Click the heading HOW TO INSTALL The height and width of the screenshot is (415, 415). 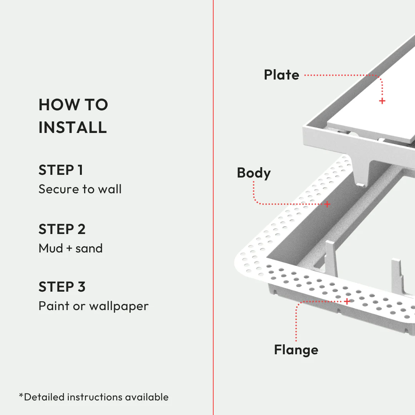coord(73,116)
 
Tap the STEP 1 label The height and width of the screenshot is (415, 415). coord(61,170)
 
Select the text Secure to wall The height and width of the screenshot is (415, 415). coord(80,189)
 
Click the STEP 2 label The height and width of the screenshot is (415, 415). coord(62,229)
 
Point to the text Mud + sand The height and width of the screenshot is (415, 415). coord(71,248)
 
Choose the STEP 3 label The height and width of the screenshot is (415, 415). coord(62,287)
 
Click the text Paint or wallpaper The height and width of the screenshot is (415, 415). coord(93,306)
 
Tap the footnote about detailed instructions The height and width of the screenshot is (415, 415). coord(94,397)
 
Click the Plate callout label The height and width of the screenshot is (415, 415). coord(281,75)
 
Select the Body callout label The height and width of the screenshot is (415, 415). coord(254,173)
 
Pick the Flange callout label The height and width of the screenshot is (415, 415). coord(296,350)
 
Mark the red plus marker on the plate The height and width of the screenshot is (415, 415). coord(382,101)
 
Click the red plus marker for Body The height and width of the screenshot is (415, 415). coord(327,204)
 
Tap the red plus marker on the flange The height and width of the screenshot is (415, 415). coord(347,301)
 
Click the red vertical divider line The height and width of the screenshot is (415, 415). coord(213,231)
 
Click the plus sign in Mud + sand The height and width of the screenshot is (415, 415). coord(69,249)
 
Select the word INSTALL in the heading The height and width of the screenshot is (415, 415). coord(73,127)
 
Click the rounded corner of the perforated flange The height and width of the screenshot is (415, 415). coord(246,261)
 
